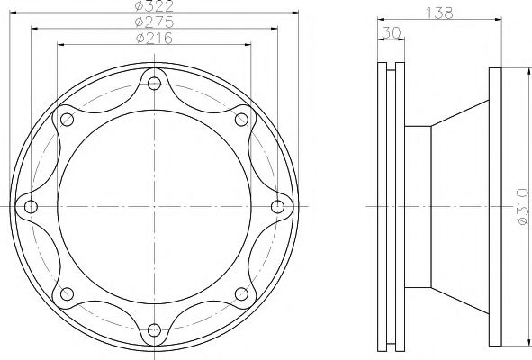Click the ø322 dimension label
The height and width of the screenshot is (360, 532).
(x=154, y=7)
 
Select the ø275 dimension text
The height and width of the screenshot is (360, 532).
(x=154, y=22)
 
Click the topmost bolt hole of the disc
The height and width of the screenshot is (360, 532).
(x=154, y=85)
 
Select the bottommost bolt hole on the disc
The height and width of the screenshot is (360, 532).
(x=154, y=328)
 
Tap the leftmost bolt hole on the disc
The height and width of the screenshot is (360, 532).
(x=32, y=207)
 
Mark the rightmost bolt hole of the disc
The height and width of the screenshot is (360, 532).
(x=276, y=207)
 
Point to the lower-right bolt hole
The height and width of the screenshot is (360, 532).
(x=240, y=293)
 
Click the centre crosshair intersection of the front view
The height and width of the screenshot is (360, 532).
(x=154, y=207)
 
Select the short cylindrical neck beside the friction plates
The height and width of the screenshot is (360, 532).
(x=418, y=207)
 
